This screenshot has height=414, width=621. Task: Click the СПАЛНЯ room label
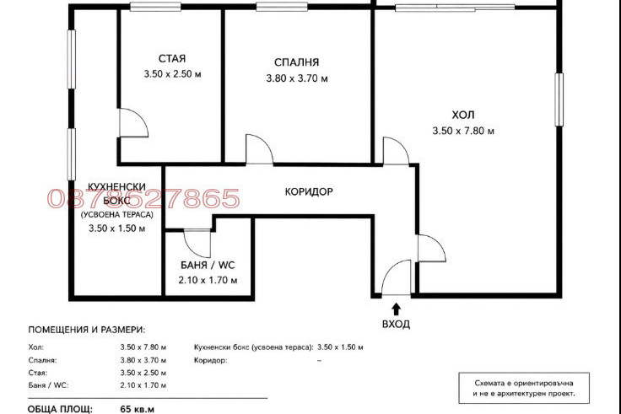pos(296,62)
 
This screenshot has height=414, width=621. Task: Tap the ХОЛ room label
pos(463,116)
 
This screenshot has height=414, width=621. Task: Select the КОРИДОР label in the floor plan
pos(309,192)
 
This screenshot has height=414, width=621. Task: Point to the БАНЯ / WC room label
pos(208,266)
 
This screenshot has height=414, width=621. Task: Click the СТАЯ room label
pos(172,58)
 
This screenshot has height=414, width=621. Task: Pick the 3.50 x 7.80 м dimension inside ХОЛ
pos(463,131)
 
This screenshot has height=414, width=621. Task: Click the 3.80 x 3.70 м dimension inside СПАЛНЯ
pos(297,78)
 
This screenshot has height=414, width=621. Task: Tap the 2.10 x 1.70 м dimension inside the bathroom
pos(208,280)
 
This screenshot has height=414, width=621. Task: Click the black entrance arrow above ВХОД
pos(396,309)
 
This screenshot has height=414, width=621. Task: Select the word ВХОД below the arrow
pos(396,324)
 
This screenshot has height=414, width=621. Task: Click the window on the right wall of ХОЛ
pos(559,99)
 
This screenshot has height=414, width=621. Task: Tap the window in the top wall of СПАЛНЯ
pos(282,7)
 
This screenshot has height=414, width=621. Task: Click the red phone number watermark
pos(143,198)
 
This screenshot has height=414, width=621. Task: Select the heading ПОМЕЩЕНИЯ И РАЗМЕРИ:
pos(87,330)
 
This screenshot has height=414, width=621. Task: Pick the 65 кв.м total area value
pos(137,409)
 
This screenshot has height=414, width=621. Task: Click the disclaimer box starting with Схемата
pos(524,388)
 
